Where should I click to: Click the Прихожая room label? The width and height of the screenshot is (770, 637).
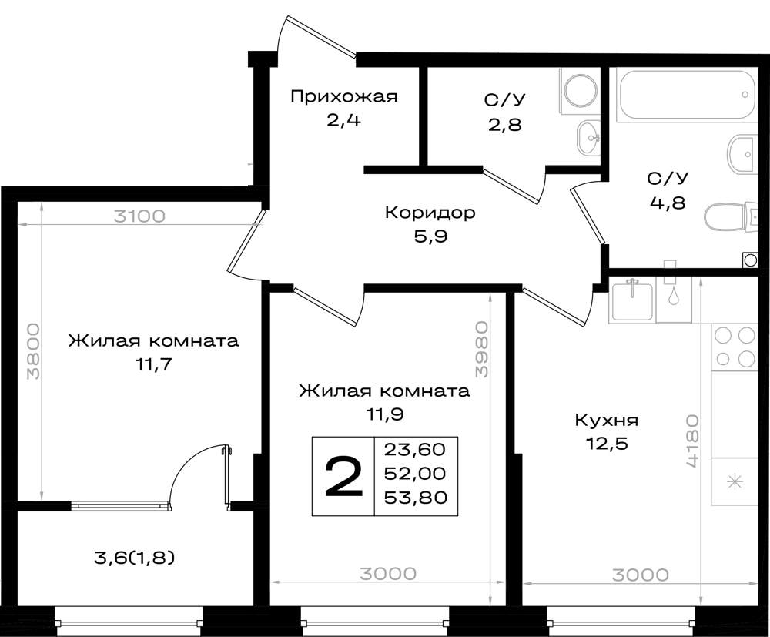click(343, 97)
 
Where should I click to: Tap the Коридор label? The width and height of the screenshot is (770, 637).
click(430, 213)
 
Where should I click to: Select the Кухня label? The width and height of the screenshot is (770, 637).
click(607, 421)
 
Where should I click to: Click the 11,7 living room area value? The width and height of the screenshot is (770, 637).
click(154, 364)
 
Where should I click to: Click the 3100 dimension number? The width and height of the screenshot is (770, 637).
click(139, 216)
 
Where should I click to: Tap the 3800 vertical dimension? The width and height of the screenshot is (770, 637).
click(33, 350)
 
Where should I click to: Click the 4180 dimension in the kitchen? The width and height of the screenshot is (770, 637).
click(692, 441)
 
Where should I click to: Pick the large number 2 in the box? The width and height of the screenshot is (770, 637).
click(343, 476)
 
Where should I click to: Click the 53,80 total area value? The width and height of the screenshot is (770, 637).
click(416, 498)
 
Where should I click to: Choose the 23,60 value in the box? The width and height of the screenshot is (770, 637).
click(416, 449)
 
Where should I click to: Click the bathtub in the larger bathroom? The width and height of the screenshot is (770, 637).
click(685, 94)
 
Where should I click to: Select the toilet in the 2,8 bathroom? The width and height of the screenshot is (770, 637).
click(580, 92)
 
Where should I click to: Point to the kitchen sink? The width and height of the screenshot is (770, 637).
click(632, 300)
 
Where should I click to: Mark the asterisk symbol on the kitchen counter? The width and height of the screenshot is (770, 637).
click(735, 481)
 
